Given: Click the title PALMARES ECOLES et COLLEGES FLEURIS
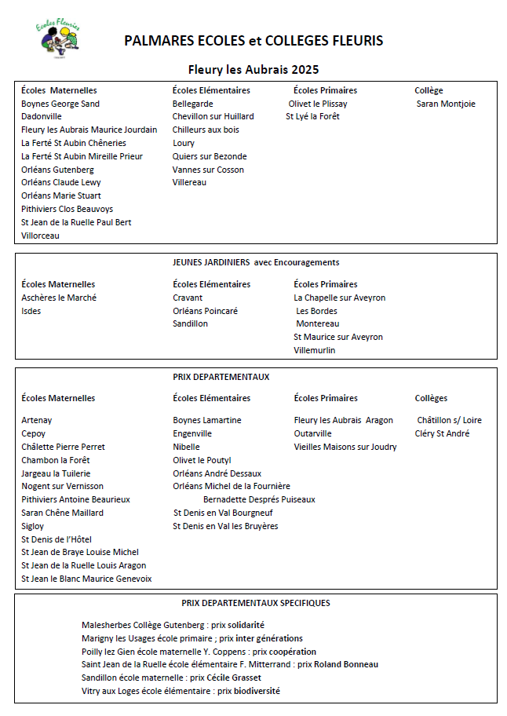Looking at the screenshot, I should point(253,41).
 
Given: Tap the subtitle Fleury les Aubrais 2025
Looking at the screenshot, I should point(253,69).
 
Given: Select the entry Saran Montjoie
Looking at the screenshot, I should point(446,104).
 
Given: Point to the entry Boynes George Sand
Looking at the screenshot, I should point(60,104).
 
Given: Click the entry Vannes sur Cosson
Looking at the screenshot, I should point(208,170).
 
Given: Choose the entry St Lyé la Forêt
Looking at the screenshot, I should point(312,117).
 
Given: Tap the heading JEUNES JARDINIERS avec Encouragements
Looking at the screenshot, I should point(256,262).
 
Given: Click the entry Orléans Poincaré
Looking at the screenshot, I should point(205,311).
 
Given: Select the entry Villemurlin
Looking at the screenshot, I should point(314,350).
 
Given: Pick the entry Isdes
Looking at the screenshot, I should point(31,311).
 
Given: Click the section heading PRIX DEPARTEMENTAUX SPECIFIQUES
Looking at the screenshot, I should point(256,603).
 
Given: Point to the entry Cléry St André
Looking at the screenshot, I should point(443,433).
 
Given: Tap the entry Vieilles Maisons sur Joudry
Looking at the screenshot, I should point(345,447).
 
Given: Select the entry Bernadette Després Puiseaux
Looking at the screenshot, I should point(259,499).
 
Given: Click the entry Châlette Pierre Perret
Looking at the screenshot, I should point(63,447).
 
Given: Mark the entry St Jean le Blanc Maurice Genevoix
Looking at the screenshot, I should point(86,579).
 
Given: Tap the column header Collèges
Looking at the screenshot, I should point(431,398).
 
